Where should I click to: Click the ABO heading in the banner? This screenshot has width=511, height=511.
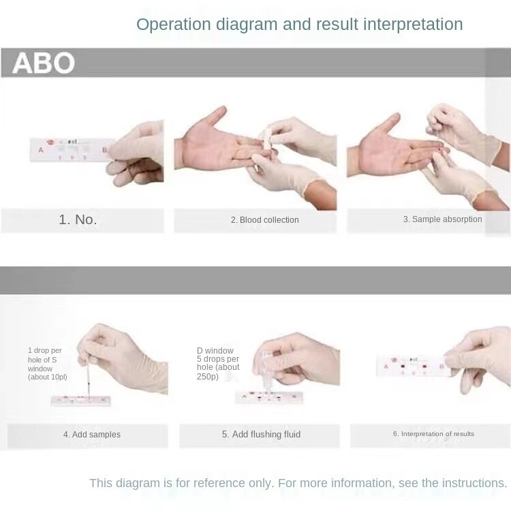pyautogui.click(x=44, y=63)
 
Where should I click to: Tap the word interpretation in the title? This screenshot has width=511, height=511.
pyautogui.click(x=413, y=25)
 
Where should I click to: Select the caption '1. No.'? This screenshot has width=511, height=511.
pyautogui.click(x=78, y=219)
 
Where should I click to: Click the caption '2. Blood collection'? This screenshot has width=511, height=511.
pyautogui.click(x=264, y=220)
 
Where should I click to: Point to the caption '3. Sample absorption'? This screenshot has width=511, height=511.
pyautogui.click(x=442, y=219)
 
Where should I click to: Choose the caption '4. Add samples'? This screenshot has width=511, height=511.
pyautogui.click(x=92, y=435)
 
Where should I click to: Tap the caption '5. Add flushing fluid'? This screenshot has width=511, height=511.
pyautogui.click(x=261, y=435)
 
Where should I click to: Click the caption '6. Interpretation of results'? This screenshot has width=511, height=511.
pyautogui.click(x=433, y=434)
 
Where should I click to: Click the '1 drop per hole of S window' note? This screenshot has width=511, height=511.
pyautogui.click(x=47, y=364)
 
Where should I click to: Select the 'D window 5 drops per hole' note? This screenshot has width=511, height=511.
pyautogui.click(x=217, y=364)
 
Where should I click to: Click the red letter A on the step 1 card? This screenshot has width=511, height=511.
pyautogui.click(x=41, y=149)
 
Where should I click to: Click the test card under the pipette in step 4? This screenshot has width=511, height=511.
pyautogui.click(x=80, y=401)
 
